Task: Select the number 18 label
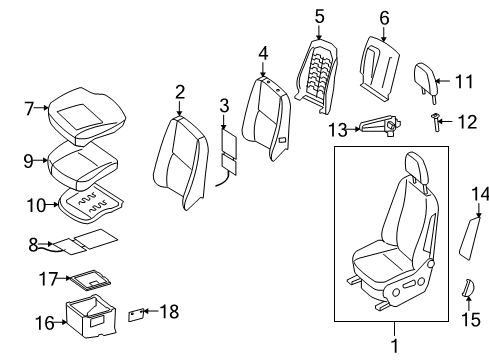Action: pos(169,311)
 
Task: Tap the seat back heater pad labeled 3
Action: pos(229,153)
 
